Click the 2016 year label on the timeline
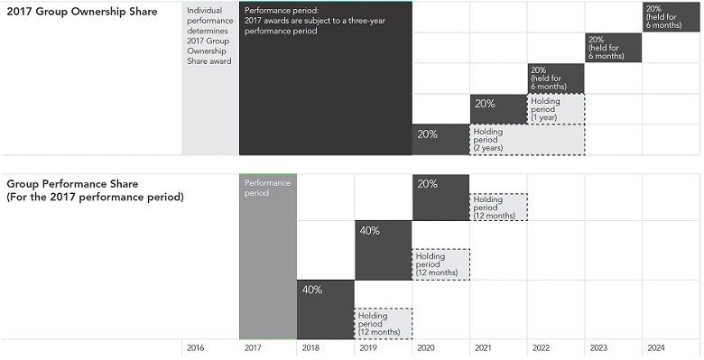(195, 348)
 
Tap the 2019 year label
(368, 348)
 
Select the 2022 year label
(541, 348)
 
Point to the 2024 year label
(656, 348)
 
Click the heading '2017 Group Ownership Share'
(82, 12)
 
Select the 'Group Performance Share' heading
(72, 184)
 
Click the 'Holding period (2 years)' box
(527, 140)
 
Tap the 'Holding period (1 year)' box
(556, 109)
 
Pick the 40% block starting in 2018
(326, 309)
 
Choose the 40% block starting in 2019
(384, 250)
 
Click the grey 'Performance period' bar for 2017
(268, 256)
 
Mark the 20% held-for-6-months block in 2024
(671, 17)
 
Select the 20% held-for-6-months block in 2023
(614, 48)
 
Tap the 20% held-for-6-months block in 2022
(556, 78)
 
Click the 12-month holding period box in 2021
(498, 207)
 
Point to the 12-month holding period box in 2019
(384, 324)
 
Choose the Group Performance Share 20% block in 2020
(440, 197)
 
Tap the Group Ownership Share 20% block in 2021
(498, 109)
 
